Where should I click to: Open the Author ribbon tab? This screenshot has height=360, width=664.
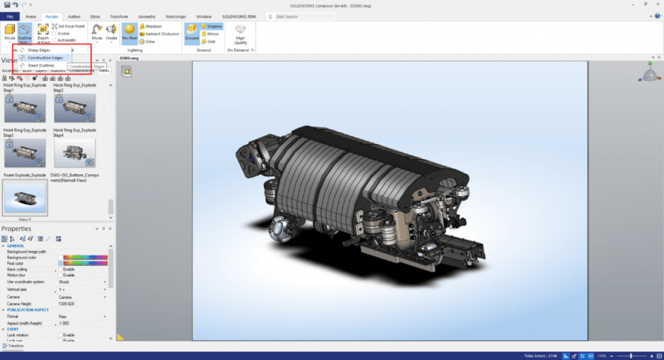pos(75,17)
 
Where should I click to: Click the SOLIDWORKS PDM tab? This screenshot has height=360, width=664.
pos(239,17)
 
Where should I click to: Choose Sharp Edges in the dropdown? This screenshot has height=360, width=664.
pos(39,50)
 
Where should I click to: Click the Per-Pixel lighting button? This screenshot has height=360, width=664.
pos(130,32)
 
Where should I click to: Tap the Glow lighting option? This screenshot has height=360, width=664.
pos(150,41)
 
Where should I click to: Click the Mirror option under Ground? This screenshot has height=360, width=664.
pos(212,34)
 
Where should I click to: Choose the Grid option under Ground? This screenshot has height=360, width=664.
pos(210,41)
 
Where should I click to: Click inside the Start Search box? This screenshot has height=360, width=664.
pos(305,17)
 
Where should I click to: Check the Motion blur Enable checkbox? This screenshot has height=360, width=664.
pos(61,275)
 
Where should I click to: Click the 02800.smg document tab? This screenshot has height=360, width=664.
pos(130,57)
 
